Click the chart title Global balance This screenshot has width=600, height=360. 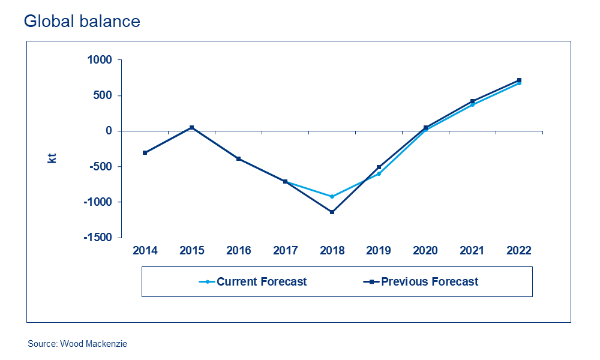click(82, 22)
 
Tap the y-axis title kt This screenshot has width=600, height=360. click(52, 158)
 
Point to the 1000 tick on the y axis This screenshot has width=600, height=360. click(100, 60)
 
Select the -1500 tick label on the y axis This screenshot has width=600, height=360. click(97, 238)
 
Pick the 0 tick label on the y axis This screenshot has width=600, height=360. click(109, 131)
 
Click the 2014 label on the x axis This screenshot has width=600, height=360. click(145, 251)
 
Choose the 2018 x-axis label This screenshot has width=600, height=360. click(332, 251)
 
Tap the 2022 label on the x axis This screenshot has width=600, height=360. click(519, 251)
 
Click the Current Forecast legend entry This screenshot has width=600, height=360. click(261, 281)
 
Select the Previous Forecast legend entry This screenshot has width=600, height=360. click(430, 281)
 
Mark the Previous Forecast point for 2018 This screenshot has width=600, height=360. click(332, 212)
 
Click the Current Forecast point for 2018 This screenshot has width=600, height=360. click(332, 196)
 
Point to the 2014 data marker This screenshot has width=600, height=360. click(145, 152)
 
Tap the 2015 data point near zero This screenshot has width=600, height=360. click(192, 127)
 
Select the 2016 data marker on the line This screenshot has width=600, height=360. click(238, 158)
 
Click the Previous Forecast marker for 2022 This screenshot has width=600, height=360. click(519, 80)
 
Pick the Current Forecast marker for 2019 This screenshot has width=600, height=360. click(379, 173)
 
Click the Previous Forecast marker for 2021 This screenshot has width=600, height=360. click(472, 101)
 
